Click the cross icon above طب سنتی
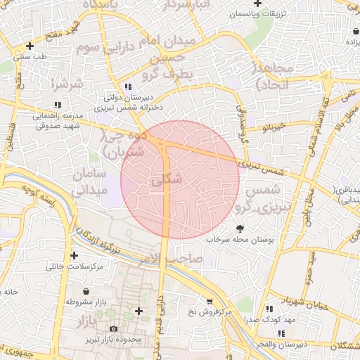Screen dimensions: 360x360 (x=30, y=46)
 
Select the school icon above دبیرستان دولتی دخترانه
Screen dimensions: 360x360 (x=127, y=86)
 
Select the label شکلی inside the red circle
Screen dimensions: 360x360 (x=167, y=180)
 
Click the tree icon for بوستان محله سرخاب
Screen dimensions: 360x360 (x=240, y=229)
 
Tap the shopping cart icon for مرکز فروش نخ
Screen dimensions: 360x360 (x=208, y=301)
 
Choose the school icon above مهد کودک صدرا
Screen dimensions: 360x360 (x=269, y=309)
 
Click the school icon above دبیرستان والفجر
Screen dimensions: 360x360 (x=281, y=333)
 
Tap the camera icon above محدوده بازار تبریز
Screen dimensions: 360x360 (x=114, y=328)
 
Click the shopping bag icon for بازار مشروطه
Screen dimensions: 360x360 (x=86, y=292)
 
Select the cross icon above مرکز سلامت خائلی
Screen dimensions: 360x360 (x=74, y=256)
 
